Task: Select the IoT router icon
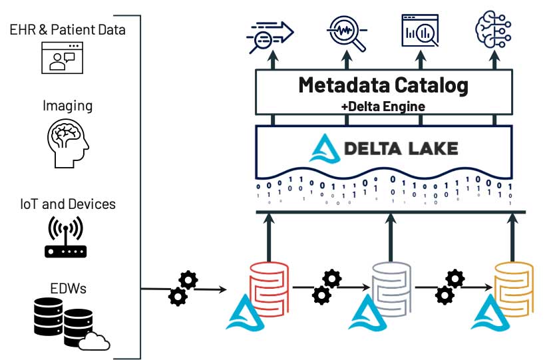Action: [67, 238]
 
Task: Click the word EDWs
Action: [67, 288]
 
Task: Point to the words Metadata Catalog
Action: [383, 85]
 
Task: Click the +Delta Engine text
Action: [383, 105]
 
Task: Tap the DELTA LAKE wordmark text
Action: [401, 148]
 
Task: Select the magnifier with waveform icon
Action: [347, 32]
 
